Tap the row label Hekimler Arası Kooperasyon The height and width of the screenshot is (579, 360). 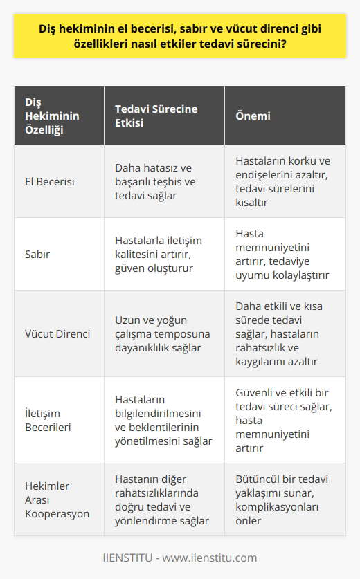[x=55, y=499]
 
